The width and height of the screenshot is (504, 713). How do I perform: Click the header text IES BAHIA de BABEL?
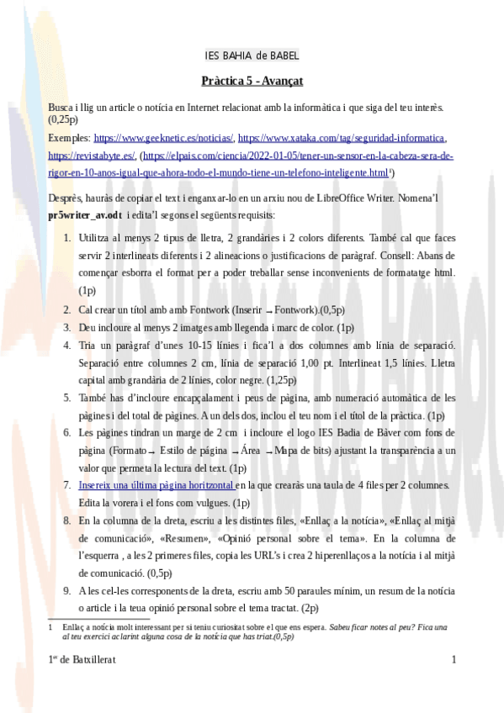pyautogui.click(x=252, y=56)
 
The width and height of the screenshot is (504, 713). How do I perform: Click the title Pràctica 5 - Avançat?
pyautogui.click(x=252, y=82)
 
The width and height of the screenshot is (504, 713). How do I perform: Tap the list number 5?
pyautogui.click(x=68, y=397)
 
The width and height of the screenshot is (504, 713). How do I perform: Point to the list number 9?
pyautogui.click(x=68, y=591)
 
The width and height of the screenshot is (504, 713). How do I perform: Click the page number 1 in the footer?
pyautogui.click(x=454, y=660)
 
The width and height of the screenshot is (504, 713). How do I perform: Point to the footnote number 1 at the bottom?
pyautogui.click(x=51, y=627)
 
